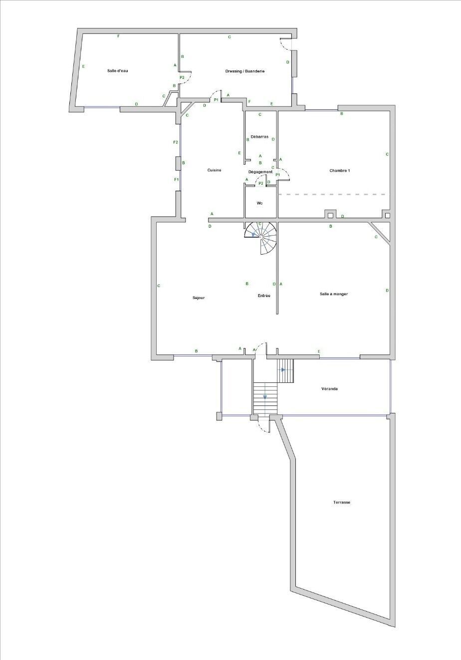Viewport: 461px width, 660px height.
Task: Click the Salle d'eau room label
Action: [118, 71]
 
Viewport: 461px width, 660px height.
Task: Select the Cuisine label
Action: [214, 170]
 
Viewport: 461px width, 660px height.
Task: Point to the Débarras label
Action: [259, 136]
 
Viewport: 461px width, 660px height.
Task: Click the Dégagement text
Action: [260, 172]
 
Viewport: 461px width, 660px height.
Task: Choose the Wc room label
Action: [259, 203]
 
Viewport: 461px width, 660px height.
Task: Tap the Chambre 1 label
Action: [340, 170]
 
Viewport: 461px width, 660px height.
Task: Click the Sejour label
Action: [199, 298]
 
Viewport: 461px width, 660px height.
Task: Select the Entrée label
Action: [264, 296]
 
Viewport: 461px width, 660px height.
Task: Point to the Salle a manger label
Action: [334, 294]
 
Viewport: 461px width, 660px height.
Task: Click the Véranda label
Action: [330, 388]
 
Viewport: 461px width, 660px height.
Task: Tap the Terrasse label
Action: [342, 502]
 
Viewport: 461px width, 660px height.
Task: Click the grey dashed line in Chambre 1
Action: [332, 194]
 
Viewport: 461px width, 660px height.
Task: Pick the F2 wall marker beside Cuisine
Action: [176, 143]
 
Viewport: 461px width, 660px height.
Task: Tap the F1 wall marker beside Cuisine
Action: [176, 179]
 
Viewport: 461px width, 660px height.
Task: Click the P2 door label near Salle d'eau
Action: [182, 77]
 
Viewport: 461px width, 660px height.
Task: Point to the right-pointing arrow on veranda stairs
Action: [283, 370]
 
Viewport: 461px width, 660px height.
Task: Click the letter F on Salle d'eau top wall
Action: [118, 36]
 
